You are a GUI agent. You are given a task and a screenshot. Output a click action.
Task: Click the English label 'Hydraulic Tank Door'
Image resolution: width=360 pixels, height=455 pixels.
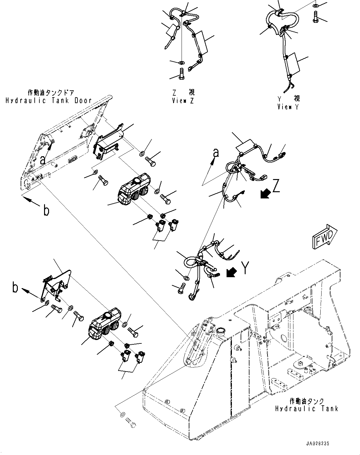coord(48,100)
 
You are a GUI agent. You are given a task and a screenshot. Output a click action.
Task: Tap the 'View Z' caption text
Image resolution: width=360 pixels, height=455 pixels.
coord(183,101)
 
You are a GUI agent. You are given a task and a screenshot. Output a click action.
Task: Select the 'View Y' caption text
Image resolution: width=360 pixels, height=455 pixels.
coord(288,107)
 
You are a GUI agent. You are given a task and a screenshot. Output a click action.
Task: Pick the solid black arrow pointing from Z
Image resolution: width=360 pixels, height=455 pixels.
coord(265,194)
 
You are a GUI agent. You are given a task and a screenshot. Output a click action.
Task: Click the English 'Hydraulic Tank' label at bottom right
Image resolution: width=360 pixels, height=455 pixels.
coord(307,408)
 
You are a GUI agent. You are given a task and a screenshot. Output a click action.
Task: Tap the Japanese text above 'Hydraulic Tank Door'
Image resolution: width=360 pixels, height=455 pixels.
coord(51,92)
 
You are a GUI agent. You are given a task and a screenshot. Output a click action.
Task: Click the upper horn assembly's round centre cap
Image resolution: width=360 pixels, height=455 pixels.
coord(137,180)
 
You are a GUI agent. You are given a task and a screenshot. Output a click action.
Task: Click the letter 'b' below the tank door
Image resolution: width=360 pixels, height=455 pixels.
coord(46,211)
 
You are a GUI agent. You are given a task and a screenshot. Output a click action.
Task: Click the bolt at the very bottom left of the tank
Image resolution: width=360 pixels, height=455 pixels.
coord(132,425)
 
